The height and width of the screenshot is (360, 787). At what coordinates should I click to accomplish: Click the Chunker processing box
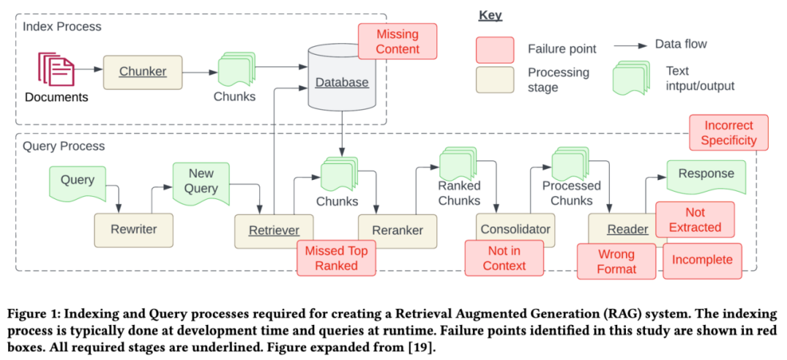[143, 71]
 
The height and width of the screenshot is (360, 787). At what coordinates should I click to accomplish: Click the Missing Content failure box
[397, 42]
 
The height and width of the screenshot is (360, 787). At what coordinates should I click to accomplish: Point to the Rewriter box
[133, 230]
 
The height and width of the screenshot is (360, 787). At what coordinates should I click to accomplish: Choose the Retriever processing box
[273, 230]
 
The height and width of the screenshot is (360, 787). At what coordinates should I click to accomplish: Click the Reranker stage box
[397, 230]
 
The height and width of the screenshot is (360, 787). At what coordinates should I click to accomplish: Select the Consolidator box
[515, 230]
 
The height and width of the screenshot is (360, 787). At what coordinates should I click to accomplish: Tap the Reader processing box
[627, 230]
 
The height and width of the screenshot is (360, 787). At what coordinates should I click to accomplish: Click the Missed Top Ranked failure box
[336, 258]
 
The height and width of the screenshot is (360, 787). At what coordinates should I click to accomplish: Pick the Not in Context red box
[504, 258]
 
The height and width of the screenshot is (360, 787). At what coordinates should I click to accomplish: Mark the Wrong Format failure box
[616, 262]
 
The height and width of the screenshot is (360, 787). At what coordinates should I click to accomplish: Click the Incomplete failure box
[702, 260]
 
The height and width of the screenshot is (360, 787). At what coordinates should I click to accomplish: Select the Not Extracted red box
[694, 219]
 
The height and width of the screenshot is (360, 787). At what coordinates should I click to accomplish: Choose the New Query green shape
[202, 182]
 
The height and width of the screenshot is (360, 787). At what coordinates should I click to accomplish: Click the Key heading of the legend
[490, 15]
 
